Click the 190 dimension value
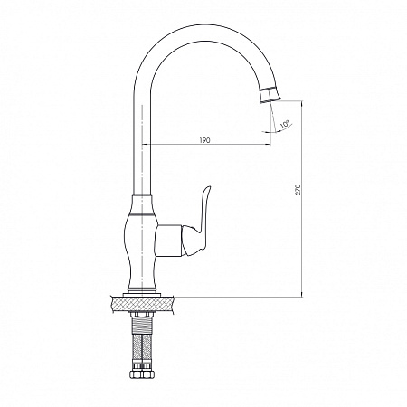[x=204, y=140]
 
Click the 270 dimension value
[x=298, y=189]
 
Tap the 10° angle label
[x=284, y=124]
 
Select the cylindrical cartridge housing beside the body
[x=169, y=241]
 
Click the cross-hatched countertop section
[x=142, y=305]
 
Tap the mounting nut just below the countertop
[x=142, y=315]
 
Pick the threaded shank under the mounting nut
[x=142, y=326]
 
